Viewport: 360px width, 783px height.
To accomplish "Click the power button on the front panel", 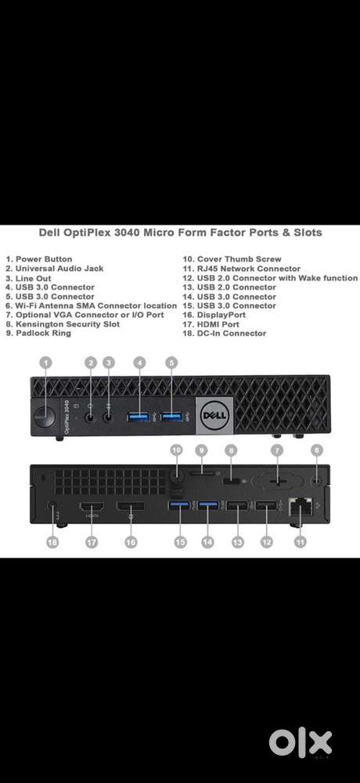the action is (x=45, y=417).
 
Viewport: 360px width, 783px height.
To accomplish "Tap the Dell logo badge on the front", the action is (x=214, y=414).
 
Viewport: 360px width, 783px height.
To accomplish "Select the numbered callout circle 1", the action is (x=45, y=363).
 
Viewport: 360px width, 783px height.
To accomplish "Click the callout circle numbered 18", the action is (x=52, y=541).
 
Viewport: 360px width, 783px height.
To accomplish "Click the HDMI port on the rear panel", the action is (x=92, y=507).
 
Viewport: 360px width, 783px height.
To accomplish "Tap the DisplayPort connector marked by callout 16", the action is (x=131, y=507).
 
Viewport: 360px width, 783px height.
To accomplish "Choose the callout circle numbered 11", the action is (x=300, y=541).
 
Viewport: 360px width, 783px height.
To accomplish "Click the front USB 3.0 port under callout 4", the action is (x=139, y=417).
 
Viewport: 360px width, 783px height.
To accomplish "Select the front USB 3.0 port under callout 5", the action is (x=171, y=417).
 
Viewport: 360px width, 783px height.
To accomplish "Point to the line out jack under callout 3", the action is (x=109, y=417).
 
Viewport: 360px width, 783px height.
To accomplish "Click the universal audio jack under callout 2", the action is (x=90, y=417).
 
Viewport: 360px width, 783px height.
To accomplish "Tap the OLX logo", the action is (x=300, y=743).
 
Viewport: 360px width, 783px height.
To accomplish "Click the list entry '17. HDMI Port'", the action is (x=211, y=324).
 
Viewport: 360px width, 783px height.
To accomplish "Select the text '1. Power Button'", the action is (x=39, y=259).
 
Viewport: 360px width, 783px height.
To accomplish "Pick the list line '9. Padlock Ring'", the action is (x=38, y=334).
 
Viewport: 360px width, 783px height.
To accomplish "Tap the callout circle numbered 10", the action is (x=176, y=450).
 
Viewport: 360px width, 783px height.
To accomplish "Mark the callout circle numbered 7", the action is (x=276, y=450).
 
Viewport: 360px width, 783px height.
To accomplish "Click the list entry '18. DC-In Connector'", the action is (x=224, y=334).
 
